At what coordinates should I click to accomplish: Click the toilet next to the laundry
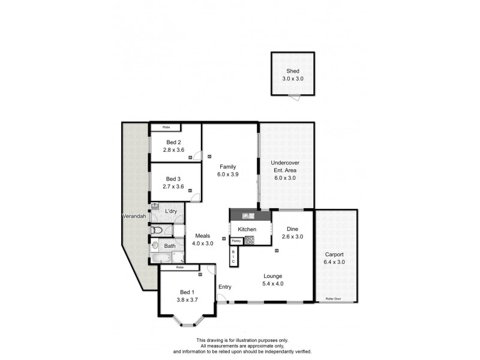pos(157,230)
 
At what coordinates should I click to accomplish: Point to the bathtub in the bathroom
pos(160,258)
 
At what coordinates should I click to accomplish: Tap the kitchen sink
pos(248,215)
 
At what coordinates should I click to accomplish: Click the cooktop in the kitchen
pos(249,240)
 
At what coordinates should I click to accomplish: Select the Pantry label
pos(236,241)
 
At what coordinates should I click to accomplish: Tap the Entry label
pos(224,287)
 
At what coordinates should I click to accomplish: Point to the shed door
pos(293,97)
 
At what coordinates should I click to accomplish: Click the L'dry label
pos(171,211)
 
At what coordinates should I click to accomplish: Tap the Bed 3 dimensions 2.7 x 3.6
pos(173,187)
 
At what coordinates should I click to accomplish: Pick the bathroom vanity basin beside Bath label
pos(155,245)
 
